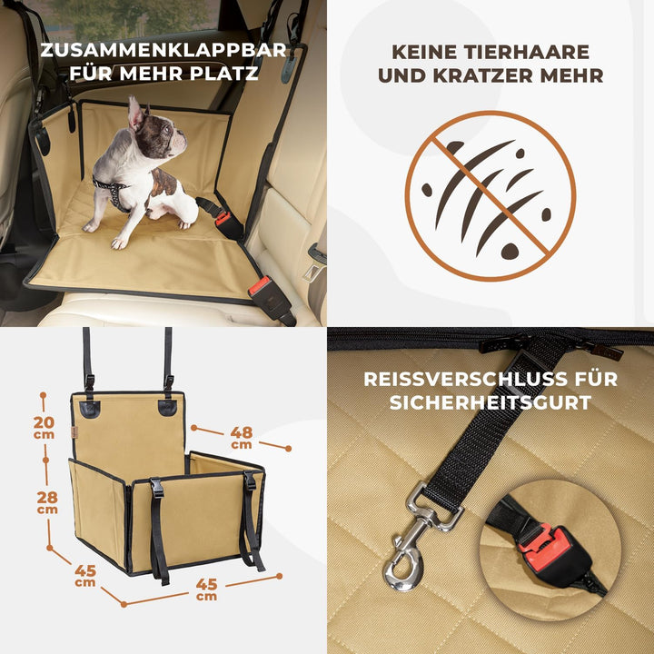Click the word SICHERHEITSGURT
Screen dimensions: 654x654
tap(490, 402)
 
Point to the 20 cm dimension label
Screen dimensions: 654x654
tap(44, 427)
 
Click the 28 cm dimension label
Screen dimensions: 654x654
tap(47, 501)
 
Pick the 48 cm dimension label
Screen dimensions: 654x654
tap(242, 437)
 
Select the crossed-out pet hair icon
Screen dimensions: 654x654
tap(490, 195)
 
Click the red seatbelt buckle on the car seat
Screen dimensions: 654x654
tap(261, 288)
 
